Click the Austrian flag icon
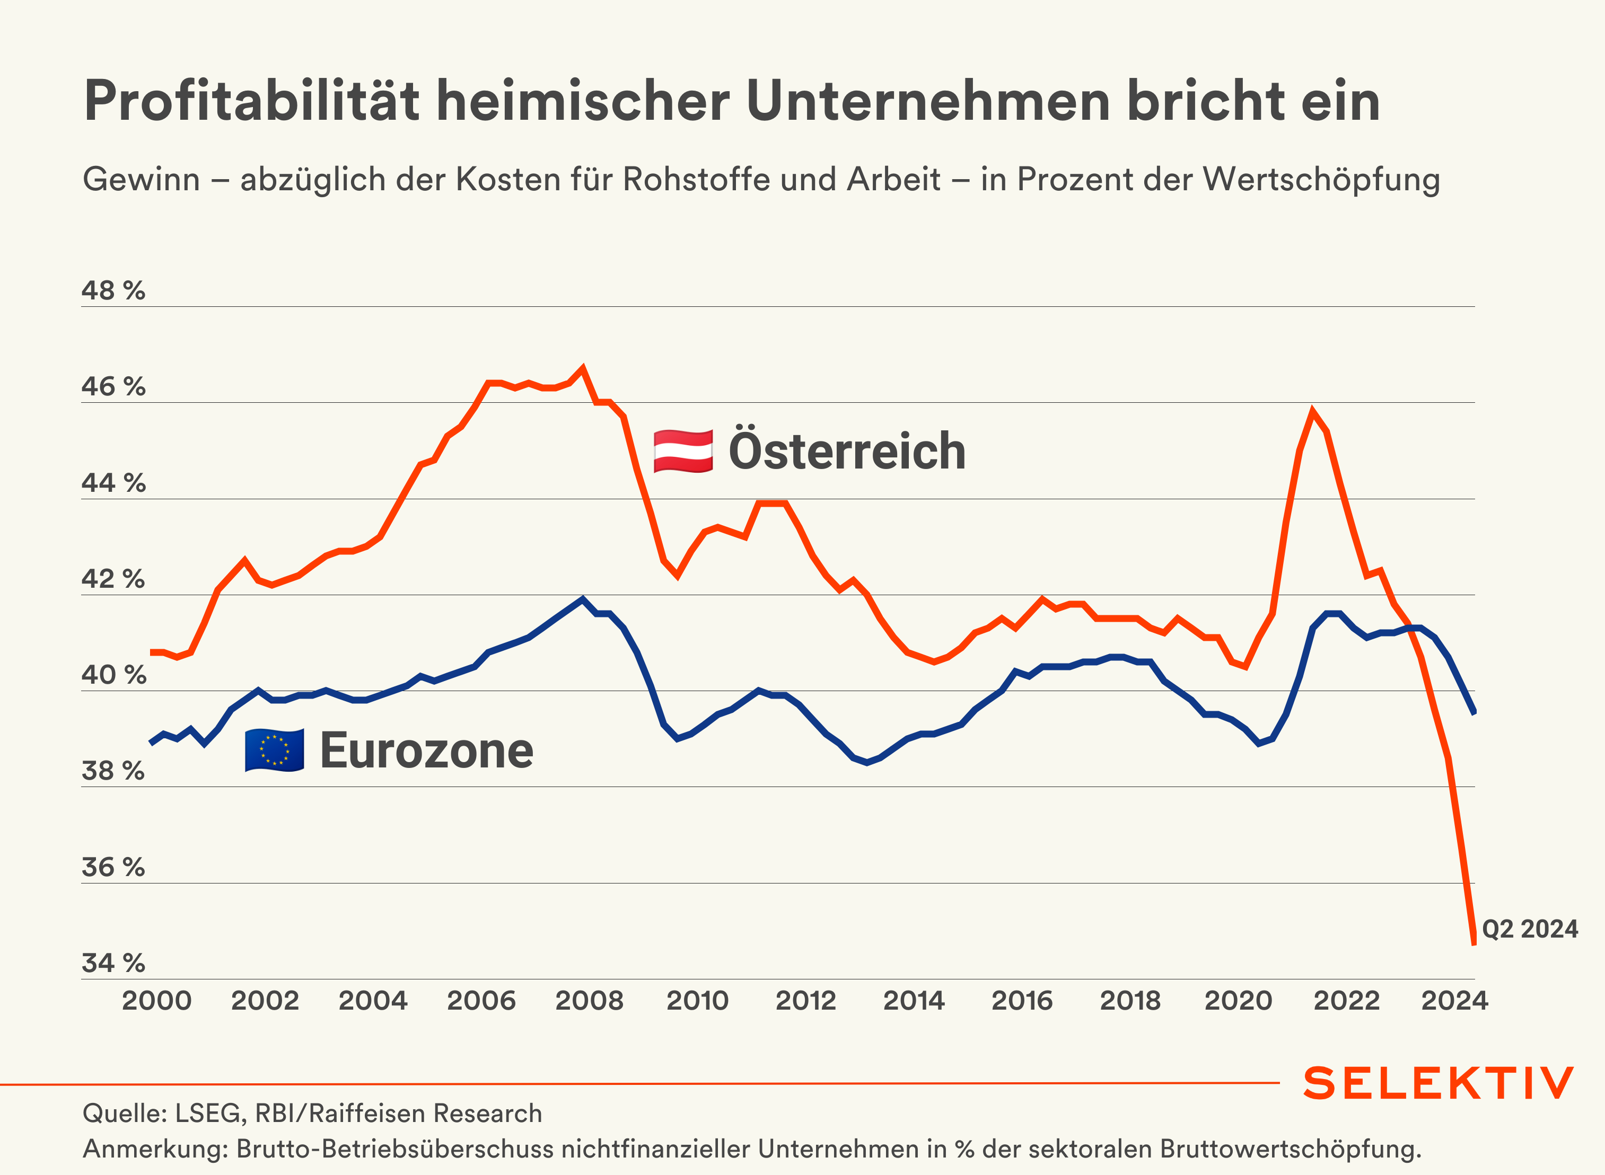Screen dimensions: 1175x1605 tap(683, 451)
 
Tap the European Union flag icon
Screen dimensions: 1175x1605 tap(275, 750)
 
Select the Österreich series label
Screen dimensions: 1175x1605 tap(847, 451)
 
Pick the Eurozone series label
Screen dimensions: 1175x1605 tap(427, 750)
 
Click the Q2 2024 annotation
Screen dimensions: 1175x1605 tap(1530, 929)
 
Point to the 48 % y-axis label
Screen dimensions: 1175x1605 tap(113, 291)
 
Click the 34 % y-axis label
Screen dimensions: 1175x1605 tap(113, 963)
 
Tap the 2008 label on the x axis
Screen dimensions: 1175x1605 tap(589, 1001)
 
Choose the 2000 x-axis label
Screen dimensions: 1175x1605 tap(156, 1001)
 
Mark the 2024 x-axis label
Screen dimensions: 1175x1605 tap(1454, 1001)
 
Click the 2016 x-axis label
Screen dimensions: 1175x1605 tap(1022, 1001)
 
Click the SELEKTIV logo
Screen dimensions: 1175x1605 tap(1439, 1083)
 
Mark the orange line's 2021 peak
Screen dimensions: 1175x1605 tap(1313, 411)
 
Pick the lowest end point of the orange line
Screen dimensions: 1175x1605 tap(1474, 944)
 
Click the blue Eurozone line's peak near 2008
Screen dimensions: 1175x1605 tap(583, 599)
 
